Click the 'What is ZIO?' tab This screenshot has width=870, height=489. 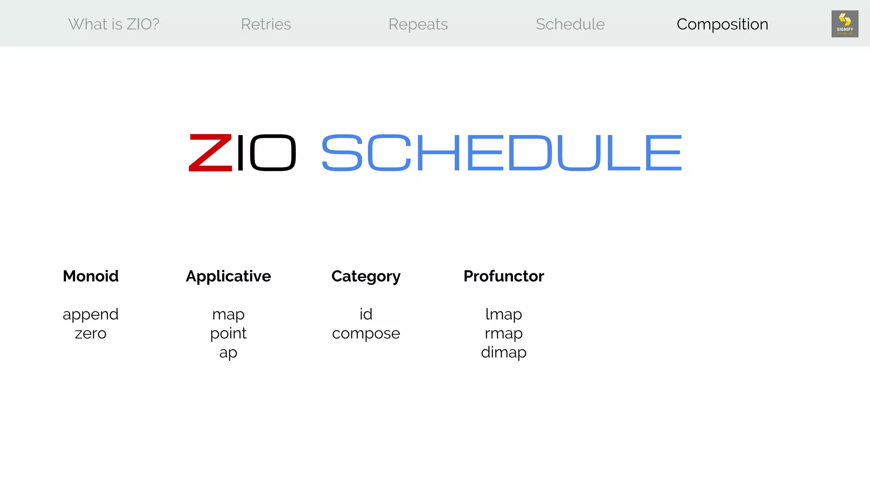point(114,24)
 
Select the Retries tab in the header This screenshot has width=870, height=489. point(266,24)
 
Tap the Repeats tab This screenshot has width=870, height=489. point(418,24)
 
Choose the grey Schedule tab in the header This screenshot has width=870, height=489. point(570,24)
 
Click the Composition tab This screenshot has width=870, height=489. point(722,24)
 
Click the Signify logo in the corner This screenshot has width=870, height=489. point(845,24)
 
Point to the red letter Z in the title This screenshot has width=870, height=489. point(210,153)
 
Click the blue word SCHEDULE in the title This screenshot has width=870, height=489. point(501,153)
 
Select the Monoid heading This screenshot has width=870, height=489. point(90,276)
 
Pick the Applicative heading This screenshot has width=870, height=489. point(228,276)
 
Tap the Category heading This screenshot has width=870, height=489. point(366,276)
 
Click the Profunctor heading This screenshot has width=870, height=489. point(503,276)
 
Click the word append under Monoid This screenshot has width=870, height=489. point(90,315)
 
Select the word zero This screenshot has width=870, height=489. point(90,334)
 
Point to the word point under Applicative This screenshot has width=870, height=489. point(228,334)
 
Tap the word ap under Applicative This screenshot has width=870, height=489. point(228,353)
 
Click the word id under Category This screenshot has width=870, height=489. point(366,314)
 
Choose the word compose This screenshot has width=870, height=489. point(366,334)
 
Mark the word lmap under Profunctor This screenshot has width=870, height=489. point(503,314)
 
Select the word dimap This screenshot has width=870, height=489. point(503,352)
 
